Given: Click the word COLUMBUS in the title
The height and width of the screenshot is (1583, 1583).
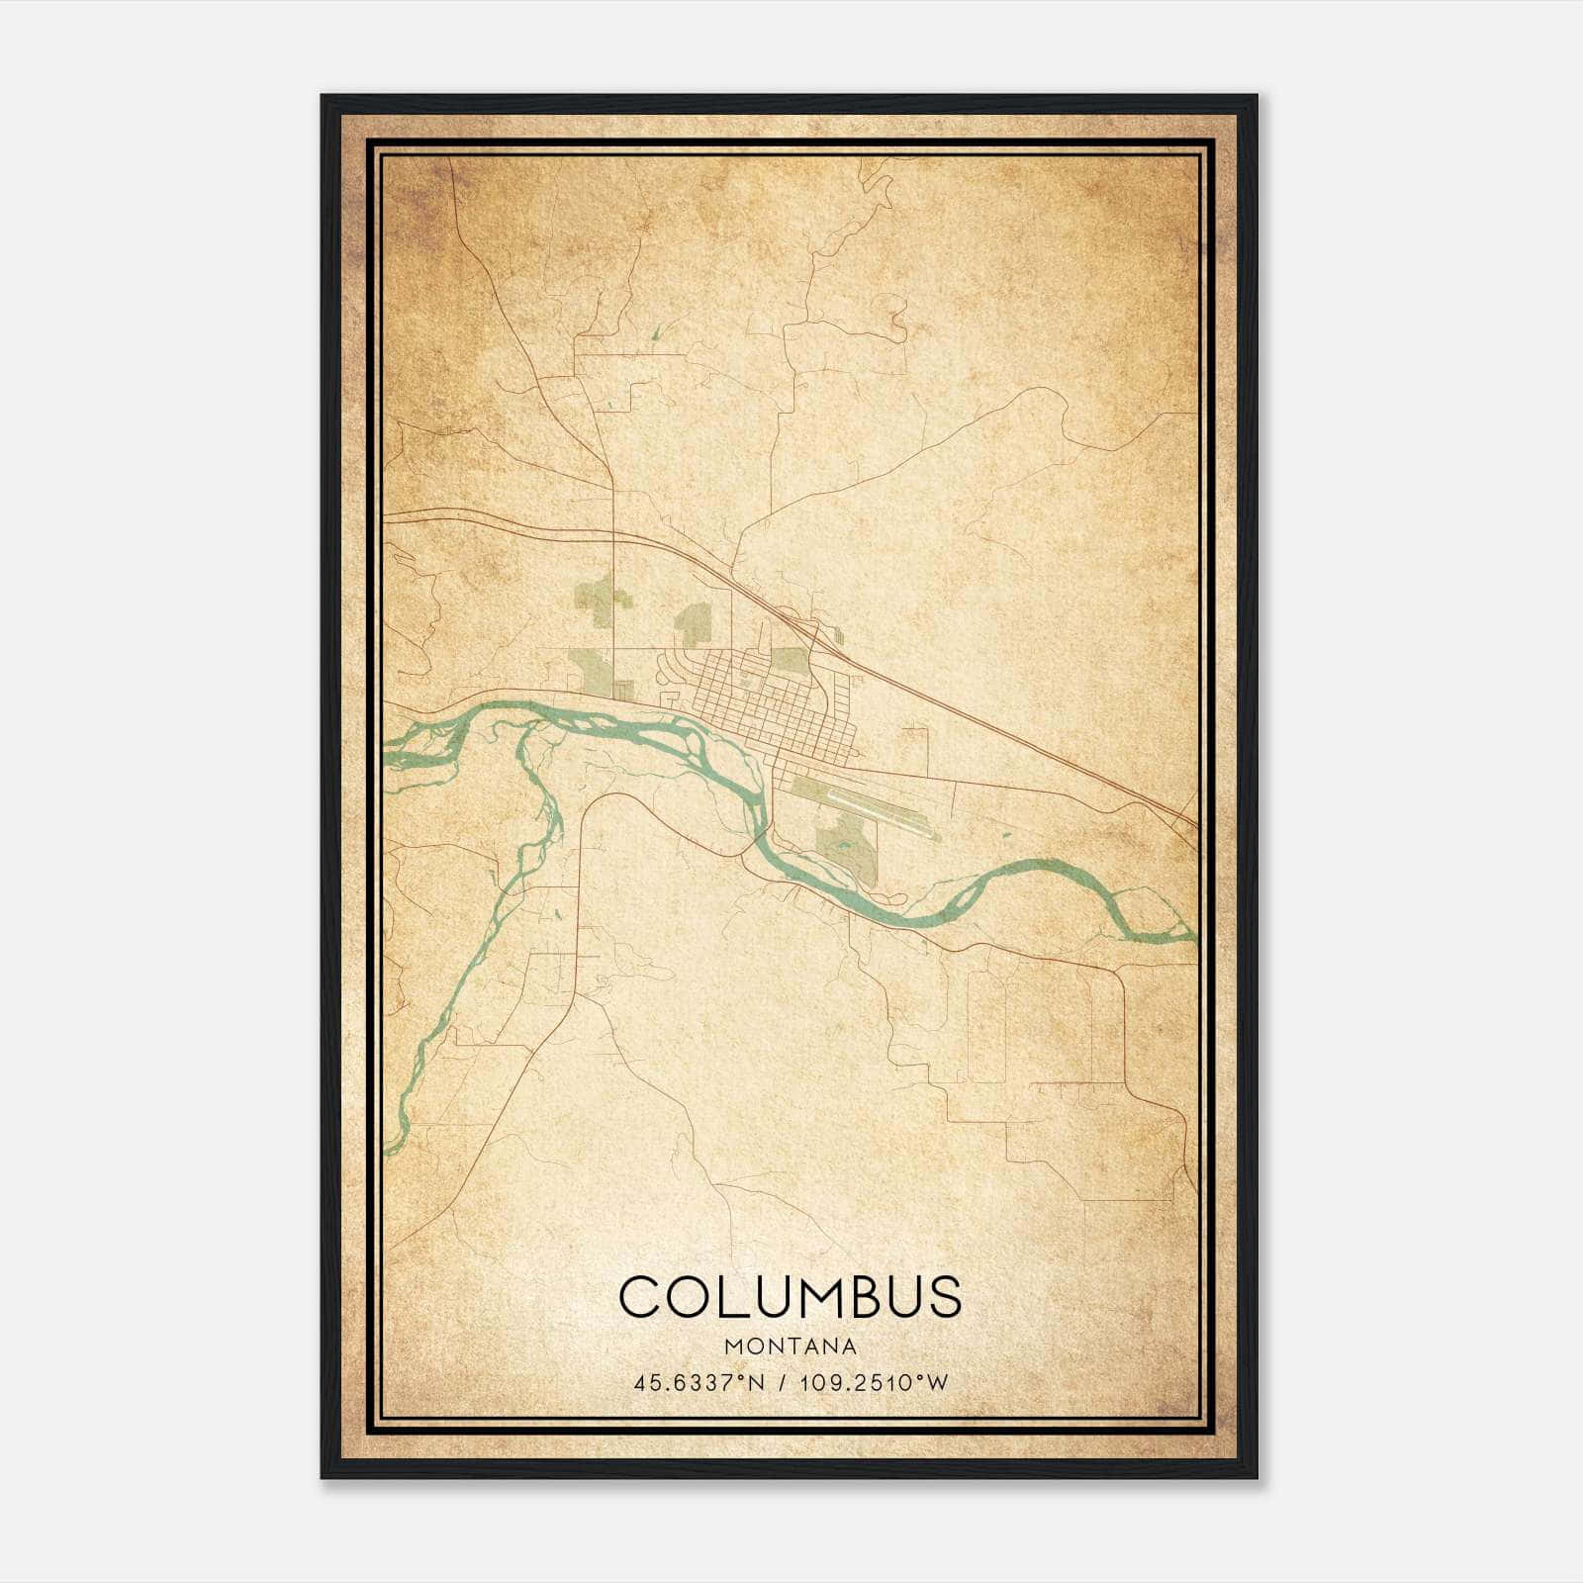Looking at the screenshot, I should pyautogui.click(x=790, y=1296).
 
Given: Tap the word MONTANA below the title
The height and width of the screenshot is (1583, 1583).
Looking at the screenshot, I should pyautogui.click(x=790, y=1346).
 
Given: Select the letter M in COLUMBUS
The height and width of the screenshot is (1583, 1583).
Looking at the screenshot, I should pyautogui.click(x=811, y=1296).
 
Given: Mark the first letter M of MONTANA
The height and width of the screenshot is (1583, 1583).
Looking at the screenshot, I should pyautogui.click(x=733, y=1346).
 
